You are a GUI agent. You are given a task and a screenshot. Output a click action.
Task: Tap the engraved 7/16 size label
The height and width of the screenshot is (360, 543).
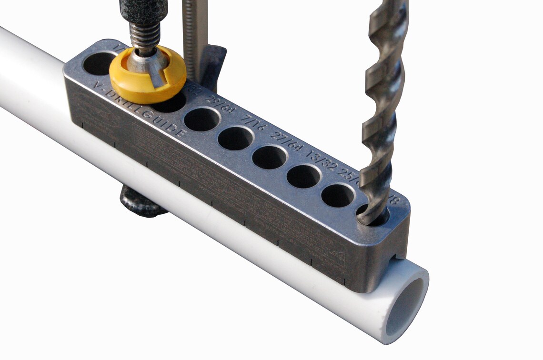[x=253, y=125]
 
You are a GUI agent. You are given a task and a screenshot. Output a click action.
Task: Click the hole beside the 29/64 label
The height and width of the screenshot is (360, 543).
[x=202, y=119]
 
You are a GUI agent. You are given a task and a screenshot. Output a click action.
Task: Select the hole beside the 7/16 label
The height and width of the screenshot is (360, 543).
[x=235, y=138]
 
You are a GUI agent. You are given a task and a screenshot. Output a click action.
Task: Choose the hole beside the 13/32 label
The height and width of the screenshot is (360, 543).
[x=303, y=176]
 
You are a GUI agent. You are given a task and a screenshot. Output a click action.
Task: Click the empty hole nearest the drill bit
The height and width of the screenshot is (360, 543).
[x=337, y=195]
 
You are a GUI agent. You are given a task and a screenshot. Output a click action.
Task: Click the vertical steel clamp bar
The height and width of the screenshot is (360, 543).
[x=196, y=33]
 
